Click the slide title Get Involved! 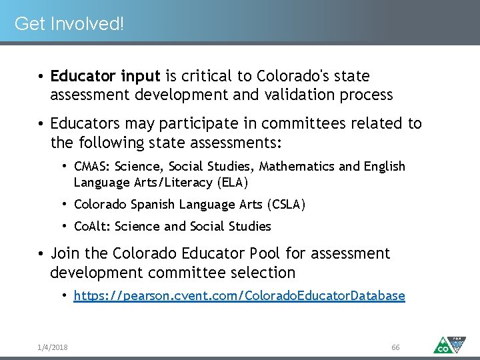(x=69, y=24)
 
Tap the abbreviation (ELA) (x=234, y=182)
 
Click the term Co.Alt (x=91, y=227)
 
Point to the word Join (x=65, y=254)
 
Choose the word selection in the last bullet (x=262, y=273)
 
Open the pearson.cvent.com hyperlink (x=239, y=295)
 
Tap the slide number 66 (x=395, y=347)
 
